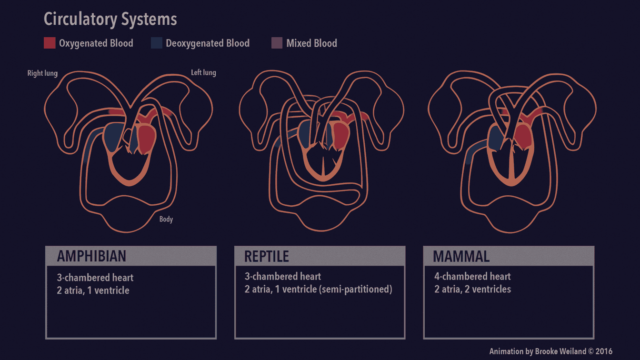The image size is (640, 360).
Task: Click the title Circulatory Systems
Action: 110,20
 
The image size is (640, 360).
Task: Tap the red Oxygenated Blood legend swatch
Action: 50,43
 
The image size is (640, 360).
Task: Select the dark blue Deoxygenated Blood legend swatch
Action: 157,43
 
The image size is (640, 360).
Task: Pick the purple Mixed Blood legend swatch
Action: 277,43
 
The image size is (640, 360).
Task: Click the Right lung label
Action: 42,73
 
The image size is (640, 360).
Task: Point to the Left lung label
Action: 203,72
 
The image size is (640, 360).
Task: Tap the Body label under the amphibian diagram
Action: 166,219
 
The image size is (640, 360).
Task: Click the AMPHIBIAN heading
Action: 91,256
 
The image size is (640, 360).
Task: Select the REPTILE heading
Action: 266,256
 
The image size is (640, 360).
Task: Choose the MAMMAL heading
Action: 461,256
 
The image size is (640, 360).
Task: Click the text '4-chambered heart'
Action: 472,276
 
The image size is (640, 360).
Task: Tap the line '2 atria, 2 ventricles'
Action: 472,289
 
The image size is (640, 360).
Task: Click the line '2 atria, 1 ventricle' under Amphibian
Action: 93,290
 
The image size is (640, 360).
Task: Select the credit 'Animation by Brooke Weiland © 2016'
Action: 550,351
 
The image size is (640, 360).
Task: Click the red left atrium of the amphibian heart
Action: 147,138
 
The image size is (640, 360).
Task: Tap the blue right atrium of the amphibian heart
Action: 113,137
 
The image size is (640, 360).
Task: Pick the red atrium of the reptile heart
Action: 340,133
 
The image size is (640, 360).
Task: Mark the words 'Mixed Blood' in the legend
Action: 311,43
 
